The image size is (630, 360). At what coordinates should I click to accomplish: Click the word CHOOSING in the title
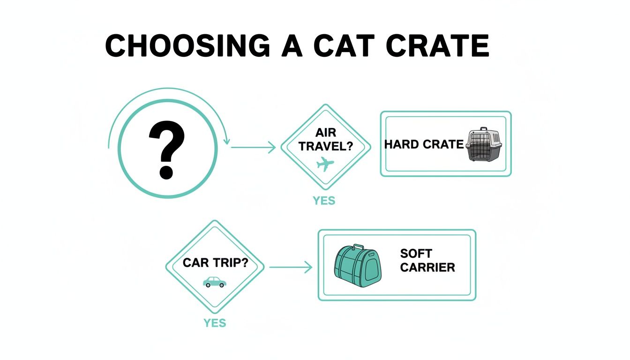188,46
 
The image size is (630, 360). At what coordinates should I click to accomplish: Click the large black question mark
166,150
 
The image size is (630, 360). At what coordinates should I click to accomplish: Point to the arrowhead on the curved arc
227,141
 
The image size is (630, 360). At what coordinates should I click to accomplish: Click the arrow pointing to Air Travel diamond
253,148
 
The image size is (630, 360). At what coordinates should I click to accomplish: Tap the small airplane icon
325,165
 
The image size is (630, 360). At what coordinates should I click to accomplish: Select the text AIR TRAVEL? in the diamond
325,140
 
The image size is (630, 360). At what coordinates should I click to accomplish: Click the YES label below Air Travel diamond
324,201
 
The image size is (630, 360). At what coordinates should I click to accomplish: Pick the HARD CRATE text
424,144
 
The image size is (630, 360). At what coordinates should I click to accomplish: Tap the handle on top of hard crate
483,130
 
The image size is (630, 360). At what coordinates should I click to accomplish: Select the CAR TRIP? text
215,262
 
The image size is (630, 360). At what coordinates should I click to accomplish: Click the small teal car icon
215,282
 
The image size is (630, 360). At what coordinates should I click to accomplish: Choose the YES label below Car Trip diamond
215,323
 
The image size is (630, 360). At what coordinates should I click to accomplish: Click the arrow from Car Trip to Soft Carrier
291,267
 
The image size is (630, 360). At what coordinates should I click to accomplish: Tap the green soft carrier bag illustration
357,268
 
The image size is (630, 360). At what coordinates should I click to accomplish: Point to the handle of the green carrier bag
359,247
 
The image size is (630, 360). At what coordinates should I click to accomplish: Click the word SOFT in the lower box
416,254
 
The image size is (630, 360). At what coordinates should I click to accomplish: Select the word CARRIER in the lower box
427,268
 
